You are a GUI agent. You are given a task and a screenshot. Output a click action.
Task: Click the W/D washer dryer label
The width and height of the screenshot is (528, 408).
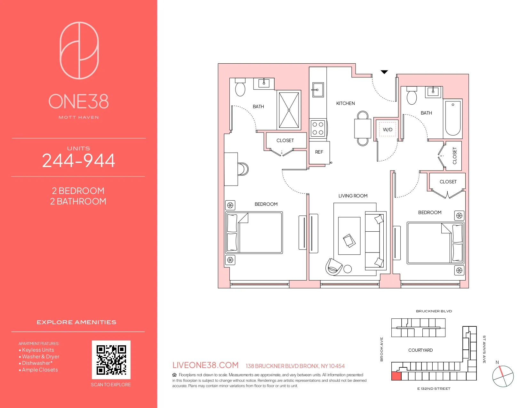point(388,130)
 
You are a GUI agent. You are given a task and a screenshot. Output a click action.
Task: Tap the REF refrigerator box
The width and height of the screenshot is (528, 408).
point(319,152)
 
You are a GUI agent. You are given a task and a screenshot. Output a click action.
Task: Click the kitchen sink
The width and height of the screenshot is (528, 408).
point(318,90)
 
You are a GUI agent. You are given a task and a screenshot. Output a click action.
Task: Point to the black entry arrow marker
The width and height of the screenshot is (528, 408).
point(384,72)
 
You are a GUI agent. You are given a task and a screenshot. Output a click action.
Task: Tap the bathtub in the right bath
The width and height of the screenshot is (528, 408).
point(453,118)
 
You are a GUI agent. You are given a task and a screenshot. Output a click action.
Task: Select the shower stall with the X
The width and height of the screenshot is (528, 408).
point(289,110)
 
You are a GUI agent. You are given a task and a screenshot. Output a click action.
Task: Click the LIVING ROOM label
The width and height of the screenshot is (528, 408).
point(353,196)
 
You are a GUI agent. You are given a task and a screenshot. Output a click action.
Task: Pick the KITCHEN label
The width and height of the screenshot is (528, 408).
point(346,103)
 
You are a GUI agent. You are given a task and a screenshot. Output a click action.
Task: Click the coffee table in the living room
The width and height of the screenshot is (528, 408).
point(349,236)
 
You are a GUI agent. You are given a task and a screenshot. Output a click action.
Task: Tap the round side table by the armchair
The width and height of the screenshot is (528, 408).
point(348,269)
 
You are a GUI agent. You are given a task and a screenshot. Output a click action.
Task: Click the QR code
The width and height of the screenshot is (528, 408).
point(111,360)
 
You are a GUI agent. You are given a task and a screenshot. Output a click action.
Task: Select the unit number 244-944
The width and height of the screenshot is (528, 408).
point(78,161)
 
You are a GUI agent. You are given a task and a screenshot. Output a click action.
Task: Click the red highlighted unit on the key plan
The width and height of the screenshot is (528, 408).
point(396,376)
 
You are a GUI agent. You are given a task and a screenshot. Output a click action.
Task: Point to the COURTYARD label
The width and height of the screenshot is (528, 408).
point(420,350)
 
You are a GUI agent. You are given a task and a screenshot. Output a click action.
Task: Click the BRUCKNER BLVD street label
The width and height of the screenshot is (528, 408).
point(434,311)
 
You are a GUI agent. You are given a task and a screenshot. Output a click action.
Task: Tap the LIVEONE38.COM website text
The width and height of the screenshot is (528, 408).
point(205,365)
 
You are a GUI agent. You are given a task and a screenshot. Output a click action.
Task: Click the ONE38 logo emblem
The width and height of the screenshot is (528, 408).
point(79,50)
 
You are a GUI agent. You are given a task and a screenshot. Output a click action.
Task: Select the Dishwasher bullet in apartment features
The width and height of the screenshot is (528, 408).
point(37,363)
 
